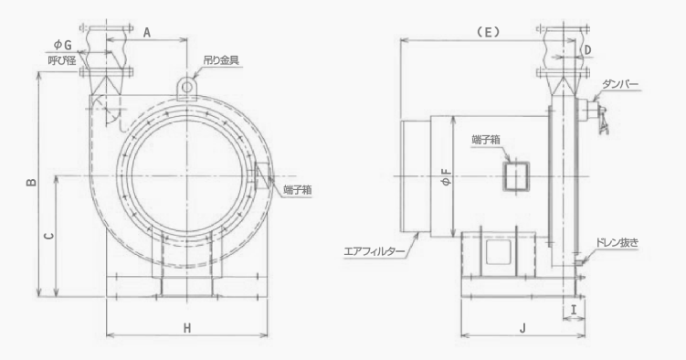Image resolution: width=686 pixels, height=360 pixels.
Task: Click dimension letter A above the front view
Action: [x=147, y=32]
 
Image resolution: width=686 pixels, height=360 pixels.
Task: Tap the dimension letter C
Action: [x=49, y=236]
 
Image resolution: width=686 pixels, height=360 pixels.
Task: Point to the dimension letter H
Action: [x=187, y=328]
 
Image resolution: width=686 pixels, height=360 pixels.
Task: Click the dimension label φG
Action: [x=62, y=45]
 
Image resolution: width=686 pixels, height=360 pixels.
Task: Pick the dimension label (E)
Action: [x=488, y=31]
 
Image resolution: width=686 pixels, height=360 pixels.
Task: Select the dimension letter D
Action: [x=588, y=50]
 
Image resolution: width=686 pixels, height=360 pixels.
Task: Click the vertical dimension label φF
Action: [x=447, y=177]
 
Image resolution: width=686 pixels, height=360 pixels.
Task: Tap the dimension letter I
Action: [x=574, y=310]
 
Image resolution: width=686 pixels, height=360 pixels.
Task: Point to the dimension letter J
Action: [x=522, y=328]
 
